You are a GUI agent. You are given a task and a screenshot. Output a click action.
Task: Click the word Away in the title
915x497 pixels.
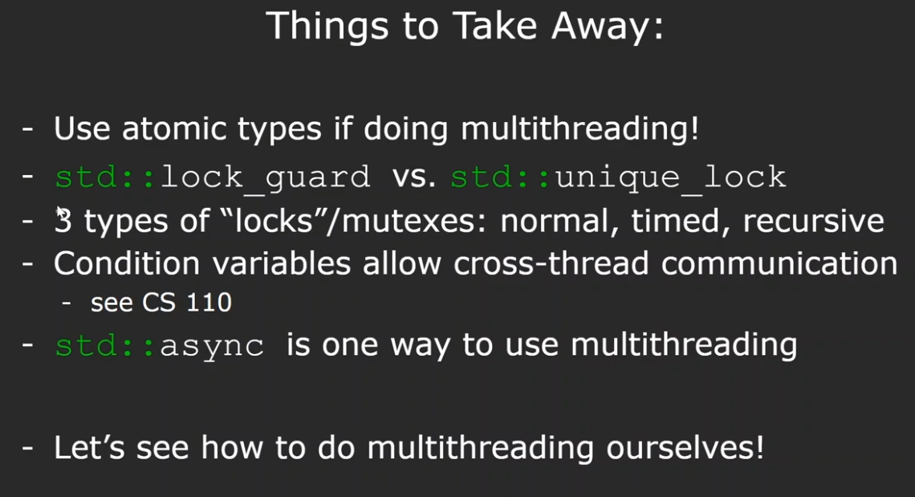[608, 26]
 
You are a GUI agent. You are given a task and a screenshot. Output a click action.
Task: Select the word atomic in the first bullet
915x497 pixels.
[173, 128]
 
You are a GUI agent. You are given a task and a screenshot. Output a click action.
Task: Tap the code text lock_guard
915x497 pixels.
[265, 177]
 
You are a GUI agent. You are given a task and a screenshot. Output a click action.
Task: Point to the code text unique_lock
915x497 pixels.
[670, 177]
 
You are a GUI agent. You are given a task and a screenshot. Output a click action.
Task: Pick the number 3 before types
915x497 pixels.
[63, 221]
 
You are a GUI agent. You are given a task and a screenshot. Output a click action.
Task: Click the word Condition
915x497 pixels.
[127, 263]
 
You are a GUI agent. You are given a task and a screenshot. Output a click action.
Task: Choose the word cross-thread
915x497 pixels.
[551, 263]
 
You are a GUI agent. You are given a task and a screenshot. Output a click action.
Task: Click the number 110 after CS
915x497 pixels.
[209, 303]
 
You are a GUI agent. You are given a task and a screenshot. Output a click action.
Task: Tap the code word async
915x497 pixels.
[212, 346]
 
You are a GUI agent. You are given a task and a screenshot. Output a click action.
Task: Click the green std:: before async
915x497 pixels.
[105, 345]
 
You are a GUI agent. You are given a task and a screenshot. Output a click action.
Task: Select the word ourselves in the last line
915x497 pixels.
[685, 448]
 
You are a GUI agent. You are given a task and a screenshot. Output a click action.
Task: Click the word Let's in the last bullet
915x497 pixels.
[89, 448]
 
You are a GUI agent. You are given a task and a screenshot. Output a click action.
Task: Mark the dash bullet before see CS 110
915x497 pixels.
[67, 303]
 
